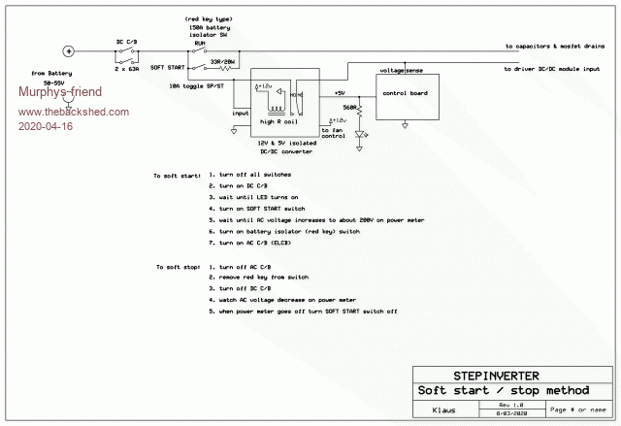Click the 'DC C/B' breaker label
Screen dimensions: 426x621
click(x=128, y=41)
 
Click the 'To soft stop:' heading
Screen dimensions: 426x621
click(x=178, y=267)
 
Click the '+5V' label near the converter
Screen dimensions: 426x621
click(x=341, y=92)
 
